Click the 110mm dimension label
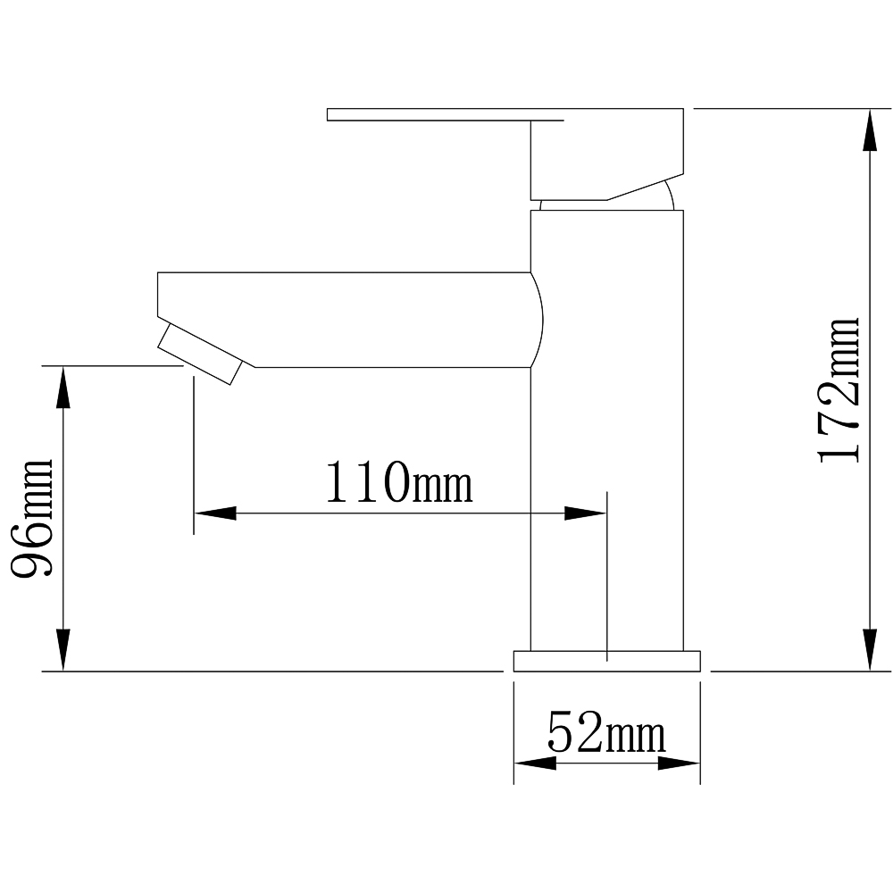coord(398,482)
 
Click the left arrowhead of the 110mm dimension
coord(215,513)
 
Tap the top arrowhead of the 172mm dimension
coord(870,129)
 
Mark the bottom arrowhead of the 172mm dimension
coord(870,650)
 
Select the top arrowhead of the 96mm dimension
coord(63,388)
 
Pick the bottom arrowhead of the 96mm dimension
coord(63,650)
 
